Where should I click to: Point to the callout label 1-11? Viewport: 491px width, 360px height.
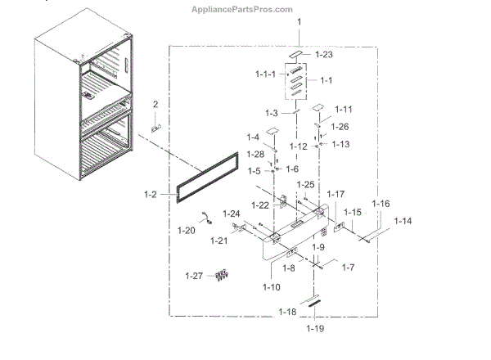click(x=344, y=108)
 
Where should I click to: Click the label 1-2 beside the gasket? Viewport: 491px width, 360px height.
click(x=150, y=195)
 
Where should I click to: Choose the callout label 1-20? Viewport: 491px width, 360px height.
click(x=186, y=231)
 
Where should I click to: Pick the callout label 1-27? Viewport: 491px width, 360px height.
click(x=195, y=275)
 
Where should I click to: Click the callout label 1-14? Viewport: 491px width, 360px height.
click(x=403, y=221)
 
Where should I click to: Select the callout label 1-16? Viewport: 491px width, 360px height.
click(x=381, y=203)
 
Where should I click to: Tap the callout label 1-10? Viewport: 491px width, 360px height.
click(x=271, y=287)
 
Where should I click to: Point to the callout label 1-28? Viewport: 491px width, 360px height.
click(x=255, y=154)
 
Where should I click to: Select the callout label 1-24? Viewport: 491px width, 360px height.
click(x=230, y=214)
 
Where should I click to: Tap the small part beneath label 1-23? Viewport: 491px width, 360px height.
click(x=299, y=57)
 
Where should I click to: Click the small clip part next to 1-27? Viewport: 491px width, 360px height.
click(x=218, y=277)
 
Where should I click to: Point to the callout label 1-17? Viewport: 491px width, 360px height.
click(x=336, y=194)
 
